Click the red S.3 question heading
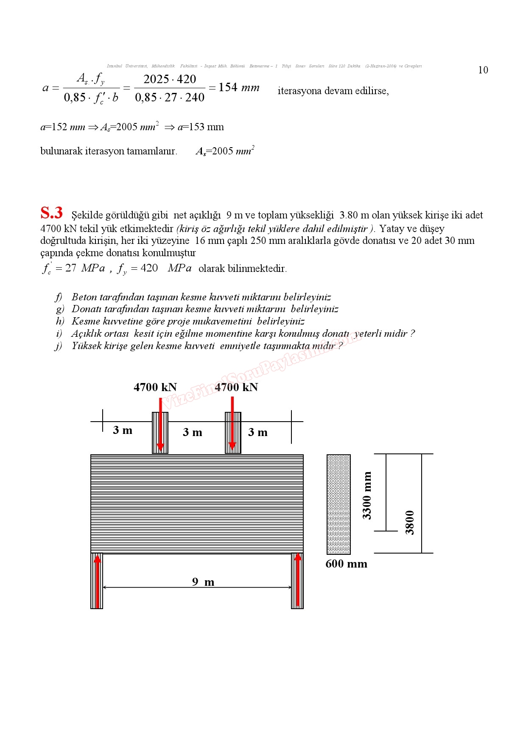pyautogui.click(x=51, y=213)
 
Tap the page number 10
pyautogui.click(x=483, y=70)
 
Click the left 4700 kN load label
pyautogui.click(x=155, y=387)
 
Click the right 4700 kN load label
pyautogui.click(x=236, y=387)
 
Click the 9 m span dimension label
pyautogui.click(x=203, y=582)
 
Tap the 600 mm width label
pyautogui.click(x=346, y=564)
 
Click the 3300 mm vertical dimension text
pyautogui.click(x=367, y=495)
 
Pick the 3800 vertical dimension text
pyautogui.click(x=409, y=523)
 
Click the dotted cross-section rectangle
pyautogui.click(x=339, y=504)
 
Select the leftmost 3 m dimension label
pyautogui.click(x=123, y=431)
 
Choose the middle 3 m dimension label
pyautogui.click(x=192, y=433)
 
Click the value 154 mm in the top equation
pyautogui.click(x=239, y=87)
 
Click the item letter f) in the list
pyautogui.click(x=59, y=297)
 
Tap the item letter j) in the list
pyautogui.click(x=59, y=346)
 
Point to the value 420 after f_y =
pyautogui.click(x=149, y=268)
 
